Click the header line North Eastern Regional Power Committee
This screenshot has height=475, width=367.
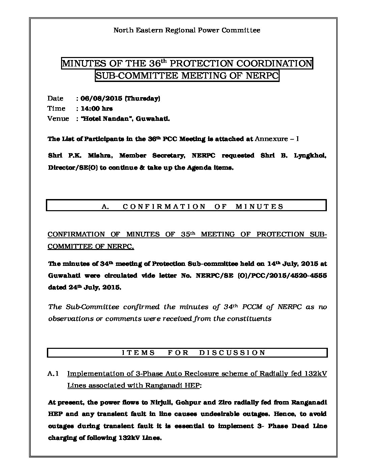(x=187, y=30)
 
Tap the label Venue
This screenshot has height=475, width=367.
(x=58, y=119)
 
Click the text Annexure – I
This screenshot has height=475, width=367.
(x=277, y=139)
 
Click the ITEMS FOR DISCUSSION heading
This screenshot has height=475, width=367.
(x=187, y=353)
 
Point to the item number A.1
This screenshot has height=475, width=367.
(x=54, y=374)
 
